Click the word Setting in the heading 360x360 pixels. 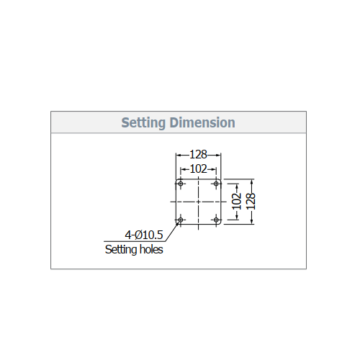click(143, 123)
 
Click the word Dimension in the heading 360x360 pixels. click(202, 122)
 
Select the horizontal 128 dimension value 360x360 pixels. click(198, 155)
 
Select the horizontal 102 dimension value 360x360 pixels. click(198, 169)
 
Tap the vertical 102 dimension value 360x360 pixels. click(237, 202)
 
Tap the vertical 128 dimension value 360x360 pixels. click(251, 202)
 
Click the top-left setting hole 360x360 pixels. click(181, 184)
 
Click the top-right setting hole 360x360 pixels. click(216, 184)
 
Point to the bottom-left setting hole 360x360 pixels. click(181, 220)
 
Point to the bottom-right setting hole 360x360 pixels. click(216, 220)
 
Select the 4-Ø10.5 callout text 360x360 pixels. click(144, 235)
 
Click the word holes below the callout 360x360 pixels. click(151, 249)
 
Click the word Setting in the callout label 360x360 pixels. click(121, 250)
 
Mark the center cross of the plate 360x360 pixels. click(198, 202)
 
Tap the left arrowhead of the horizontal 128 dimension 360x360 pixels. click(179, 155)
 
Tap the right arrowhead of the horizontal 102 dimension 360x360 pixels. click(214, 170)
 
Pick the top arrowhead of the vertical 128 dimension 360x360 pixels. click(251, 182)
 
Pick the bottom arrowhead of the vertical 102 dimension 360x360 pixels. click(237, 217)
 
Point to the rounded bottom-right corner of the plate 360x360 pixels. click(220, 223)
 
